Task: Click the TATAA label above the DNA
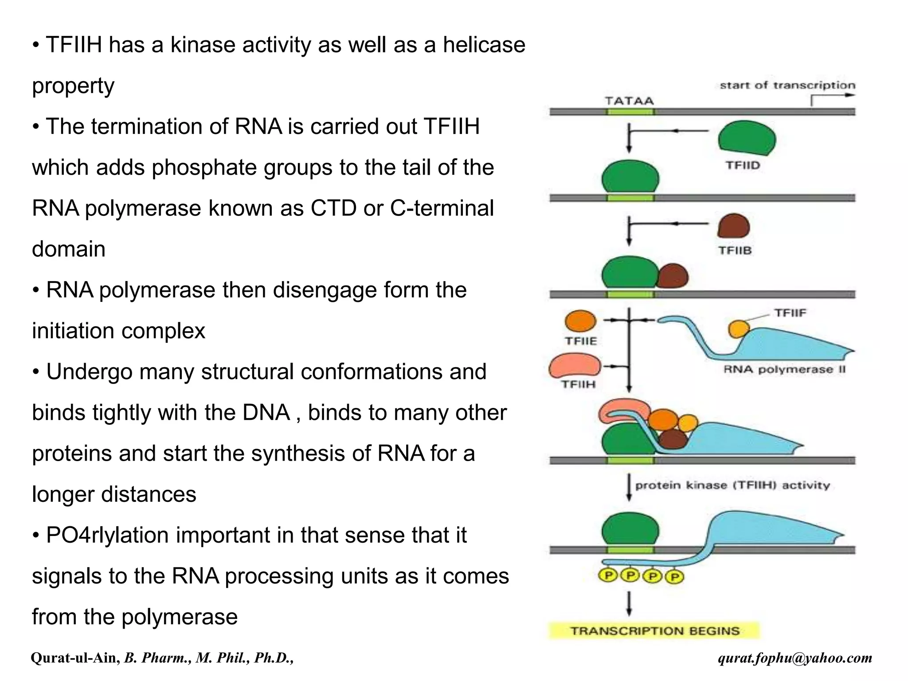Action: point(629,101)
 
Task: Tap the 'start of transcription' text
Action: point(787,85)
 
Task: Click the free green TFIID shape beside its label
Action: point(747,139)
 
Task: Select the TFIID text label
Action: point(743,165)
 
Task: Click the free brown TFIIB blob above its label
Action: point(734,226)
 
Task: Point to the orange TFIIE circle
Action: point(580,321)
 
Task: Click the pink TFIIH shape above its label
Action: point(575,366)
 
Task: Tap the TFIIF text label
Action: point(790,313)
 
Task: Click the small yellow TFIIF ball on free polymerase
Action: point(739,329)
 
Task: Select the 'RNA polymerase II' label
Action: point(784,369)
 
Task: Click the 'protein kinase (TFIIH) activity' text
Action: point(732,485)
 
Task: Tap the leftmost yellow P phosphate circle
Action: point(608,576)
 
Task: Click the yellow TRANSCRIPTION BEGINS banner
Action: point(654,630)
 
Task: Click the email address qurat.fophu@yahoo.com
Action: point(795,658)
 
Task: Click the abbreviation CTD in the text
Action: point(333,208)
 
